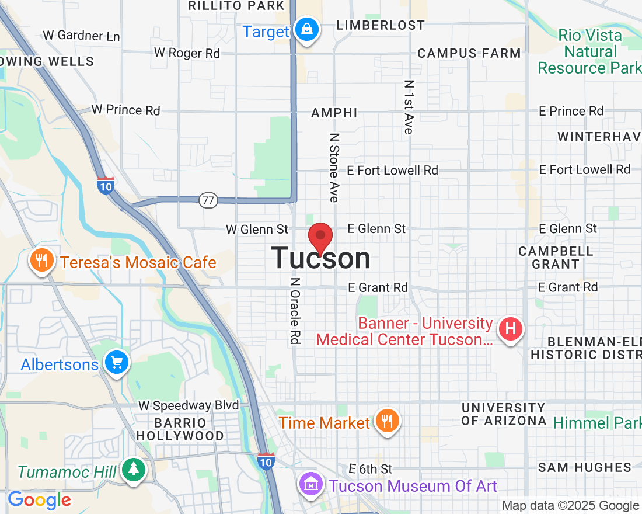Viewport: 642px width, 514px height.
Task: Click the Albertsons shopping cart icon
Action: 116,363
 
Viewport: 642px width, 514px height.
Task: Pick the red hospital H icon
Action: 511,329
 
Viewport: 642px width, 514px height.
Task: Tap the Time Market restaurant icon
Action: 386,421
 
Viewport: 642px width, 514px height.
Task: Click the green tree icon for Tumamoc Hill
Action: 134,469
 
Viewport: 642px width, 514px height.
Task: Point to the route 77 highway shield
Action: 208,200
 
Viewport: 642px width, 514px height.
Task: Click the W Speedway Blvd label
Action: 189,405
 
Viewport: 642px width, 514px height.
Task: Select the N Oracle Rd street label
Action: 296,310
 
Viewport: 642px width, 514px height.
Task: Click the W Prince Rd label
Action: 125,110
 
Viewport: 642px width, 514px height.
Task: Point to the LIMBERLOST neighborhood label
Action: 381,25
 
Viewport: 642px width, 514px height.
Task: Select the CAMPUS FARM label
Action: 469,53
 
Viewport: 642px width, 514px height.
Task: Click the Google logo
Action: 39,500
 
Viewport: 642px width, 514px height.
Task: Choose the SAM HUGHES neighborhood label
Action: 585,467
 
